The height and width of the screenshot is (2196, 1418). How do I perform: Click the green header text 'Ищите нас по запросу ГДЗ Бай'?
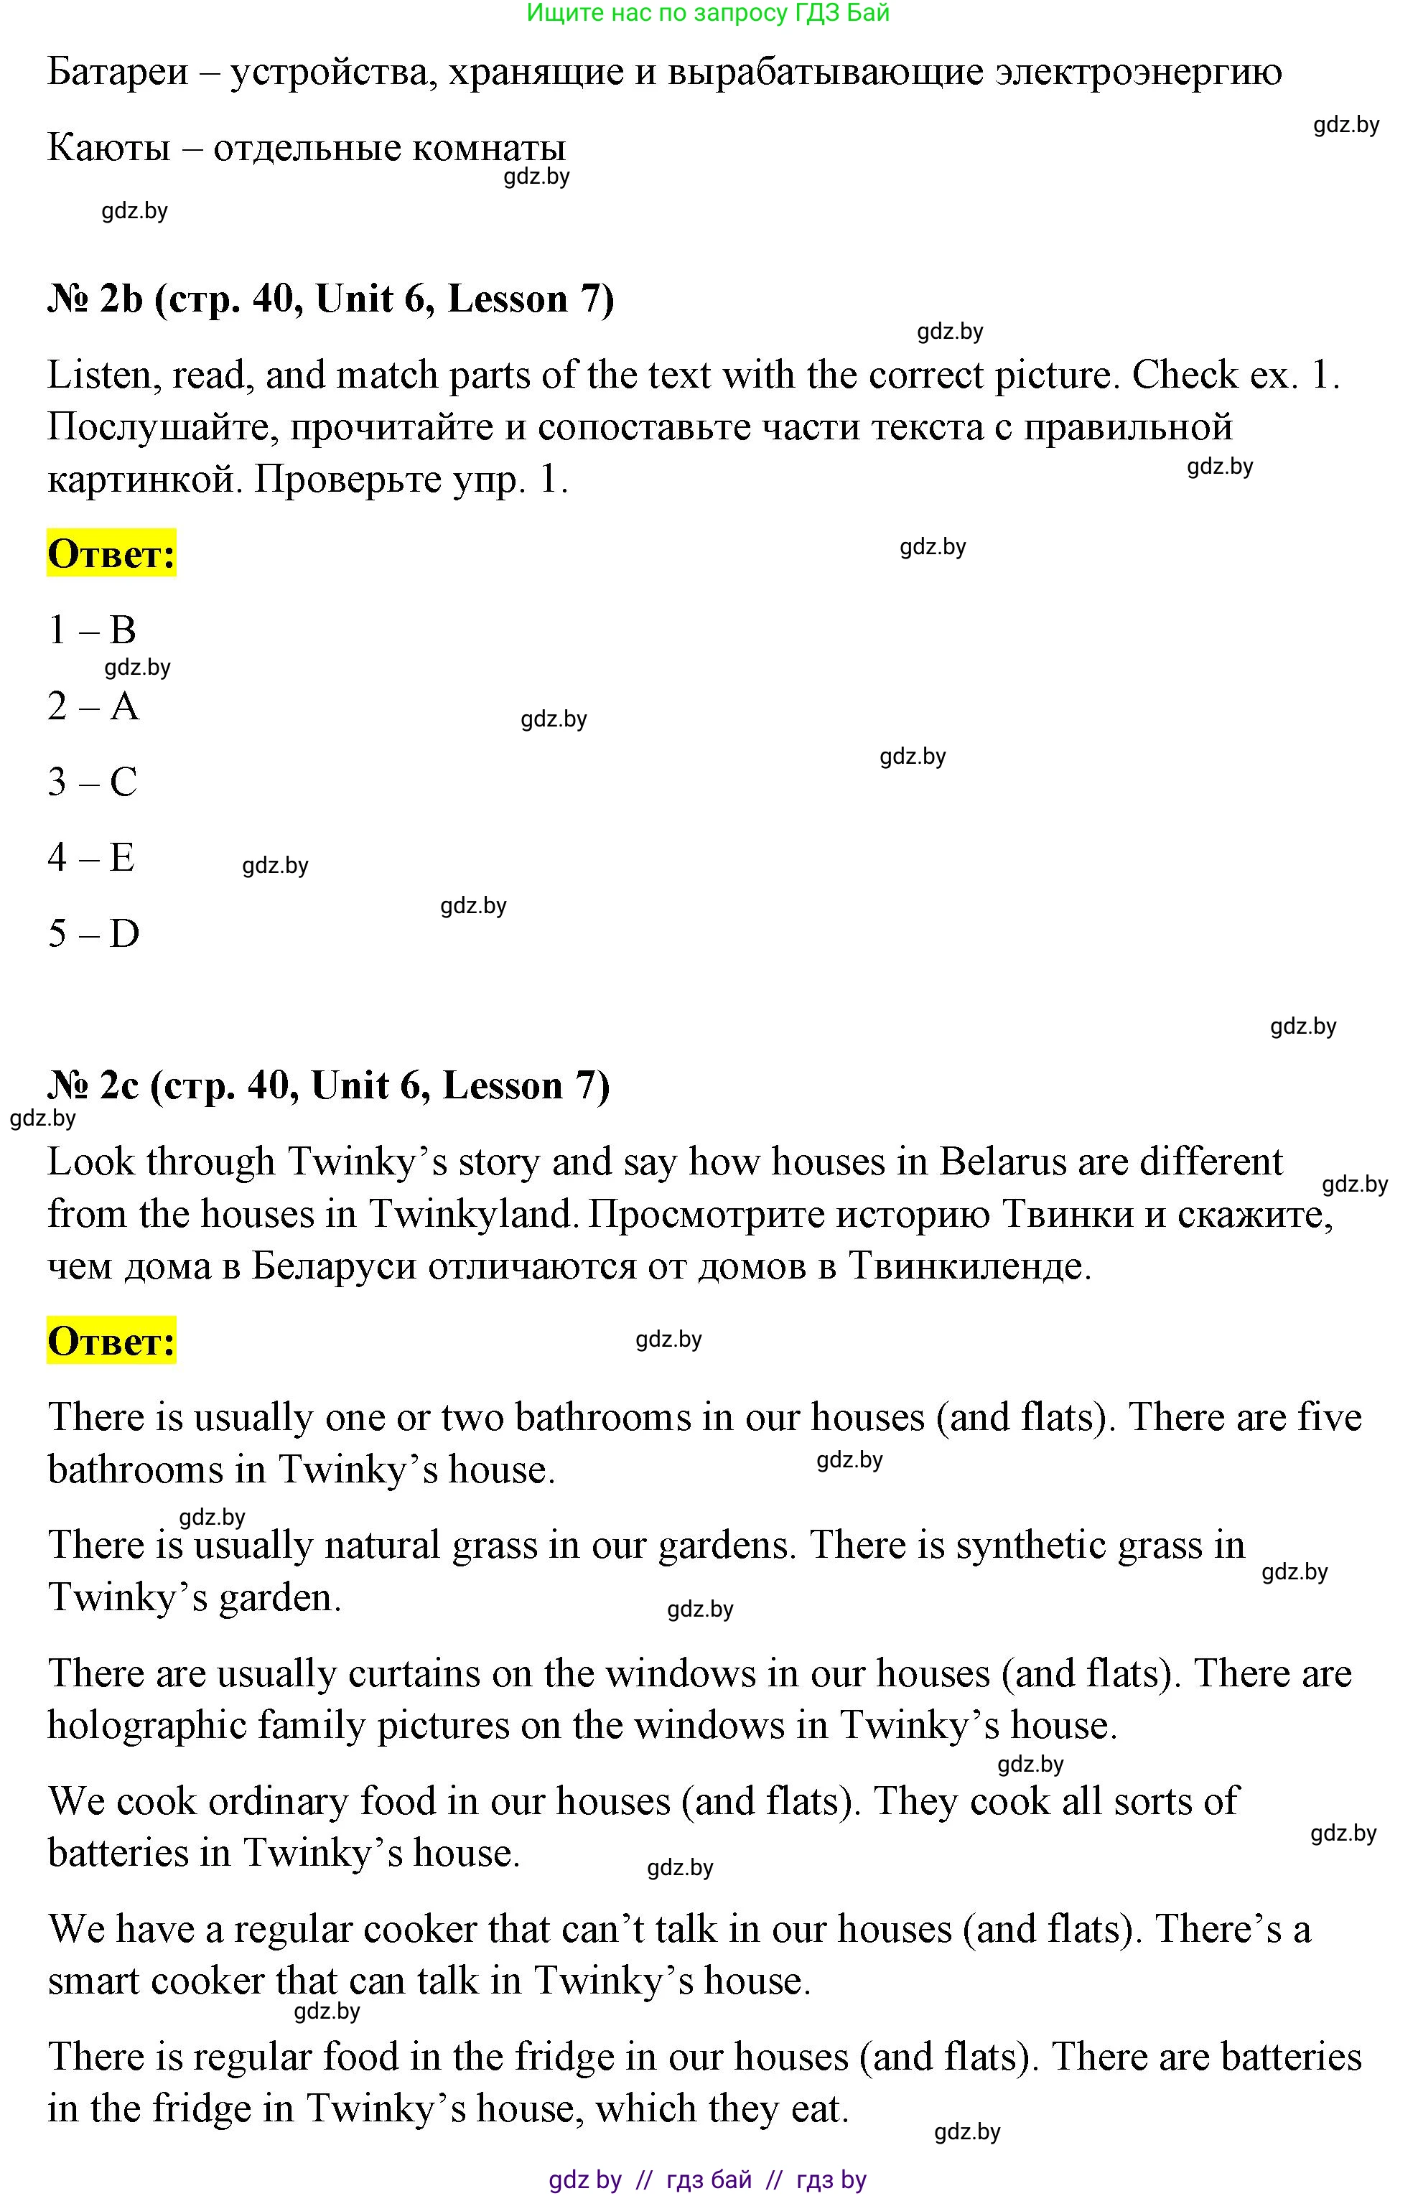(707, 13)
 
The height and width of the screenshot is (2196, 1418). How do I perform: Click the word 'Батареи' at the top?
(118, 72)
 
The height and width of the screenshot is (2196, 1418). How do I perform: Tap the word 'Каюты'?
(108, 148)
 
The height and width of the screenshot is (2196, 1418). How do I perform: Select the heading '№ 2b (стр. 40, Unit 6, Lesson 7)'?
(330, 299)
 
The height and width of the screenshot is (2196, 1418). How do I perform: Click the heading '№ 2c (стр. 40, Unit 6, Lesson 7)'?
(329, 1086)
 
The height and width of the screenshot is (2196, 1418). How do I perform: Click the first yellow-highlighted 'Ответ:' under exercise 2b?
(111, 554)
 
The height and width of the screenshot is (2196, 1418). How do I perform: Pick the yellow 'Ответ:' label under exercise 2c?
(111, 1341)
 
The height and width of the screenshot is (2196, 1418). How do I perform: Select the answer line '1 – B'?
(92, 630)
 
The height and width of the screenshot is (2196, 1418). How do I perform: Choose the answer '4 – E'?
(91, 858)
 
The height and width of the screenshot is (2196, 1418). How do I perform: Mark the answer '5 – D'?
(93, 934)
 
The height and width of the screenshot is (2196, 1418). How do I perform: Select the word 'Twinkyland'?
(473, 1215)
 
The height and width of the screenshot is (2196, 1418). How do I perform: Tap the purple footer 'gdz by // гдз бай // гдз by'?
(707, 2180)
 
